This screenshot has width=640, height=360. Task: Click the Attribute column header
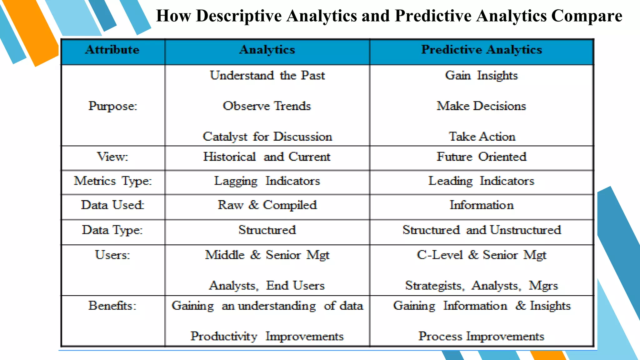tap(112, 50)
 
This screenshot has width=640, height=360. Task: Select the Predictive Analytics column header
tap(481, 50)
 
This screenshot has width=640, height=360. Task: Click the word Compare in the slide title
tap(587, 16)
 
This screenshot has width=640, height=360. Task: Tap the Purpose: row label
tap(112, 106)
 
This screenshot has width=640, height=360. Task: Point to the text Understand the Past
tap(267, 76)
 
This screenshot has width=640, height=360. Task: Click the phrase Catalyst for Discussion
tap(267, 137)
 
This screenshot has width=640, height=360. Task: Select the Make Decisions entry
tap(481, 106)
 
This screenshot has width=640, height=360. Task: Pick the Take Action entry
tap(482, 137)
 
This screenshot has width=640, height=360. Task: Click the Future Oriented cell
tap(481, 157)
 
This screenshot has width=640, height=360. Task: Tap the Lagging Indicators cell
tap(267, 181)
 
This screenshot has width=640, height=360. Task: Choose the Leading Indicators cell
tap(481, 181)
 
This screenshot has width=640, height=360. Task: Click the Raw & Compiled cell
tap(267, 205)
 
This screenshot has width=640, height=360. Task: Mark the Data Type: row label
tap(112, 230)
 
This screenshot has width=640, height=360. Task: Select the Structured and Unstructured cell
tap(481, 230)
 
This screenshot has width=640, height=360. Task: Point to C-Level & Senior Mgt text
tap(481, 255)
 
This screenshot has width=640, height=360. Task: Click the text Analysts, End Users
tap(267, 286)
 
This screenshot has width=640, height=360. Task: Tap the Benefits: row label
tap(112, 306)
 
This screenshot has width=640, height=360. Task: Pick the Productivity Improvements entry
tap(267, 336)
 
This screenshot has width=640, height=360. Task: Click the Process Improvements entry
tap(481, 336)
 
